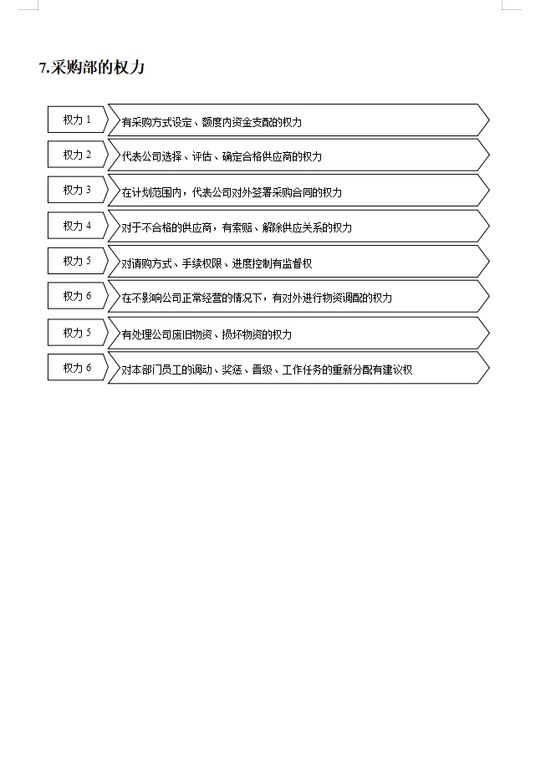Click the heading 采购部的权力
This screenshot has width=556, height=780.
click(98, 68)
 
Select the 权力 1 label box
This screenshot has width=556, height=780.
click(77, 120)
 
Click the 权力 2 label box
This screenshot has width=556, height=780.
click(77, 155)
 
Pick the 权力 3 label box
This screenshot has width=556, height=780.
click(77, 190)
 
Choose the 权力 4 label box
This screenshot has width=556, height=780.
click(77, 226)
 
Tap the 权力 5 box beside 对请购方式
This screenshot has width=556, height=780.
click(77, 261)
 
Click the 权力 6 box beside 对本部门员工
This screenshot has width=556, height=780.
click(77, 367)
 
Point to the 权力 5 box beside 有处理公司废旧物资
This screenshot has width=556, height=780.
click(77, 333)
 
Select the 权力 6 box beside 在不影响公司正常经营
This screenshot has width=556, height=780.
click(77, 296)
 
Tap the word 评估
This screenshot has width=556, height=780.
click(201, 157)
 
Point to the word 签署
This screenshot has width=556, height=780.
click(257, 192)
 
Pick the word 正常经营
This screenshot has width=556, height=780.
click(207, 298)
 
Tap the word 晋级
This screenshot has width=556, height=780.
click(262, 370)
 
